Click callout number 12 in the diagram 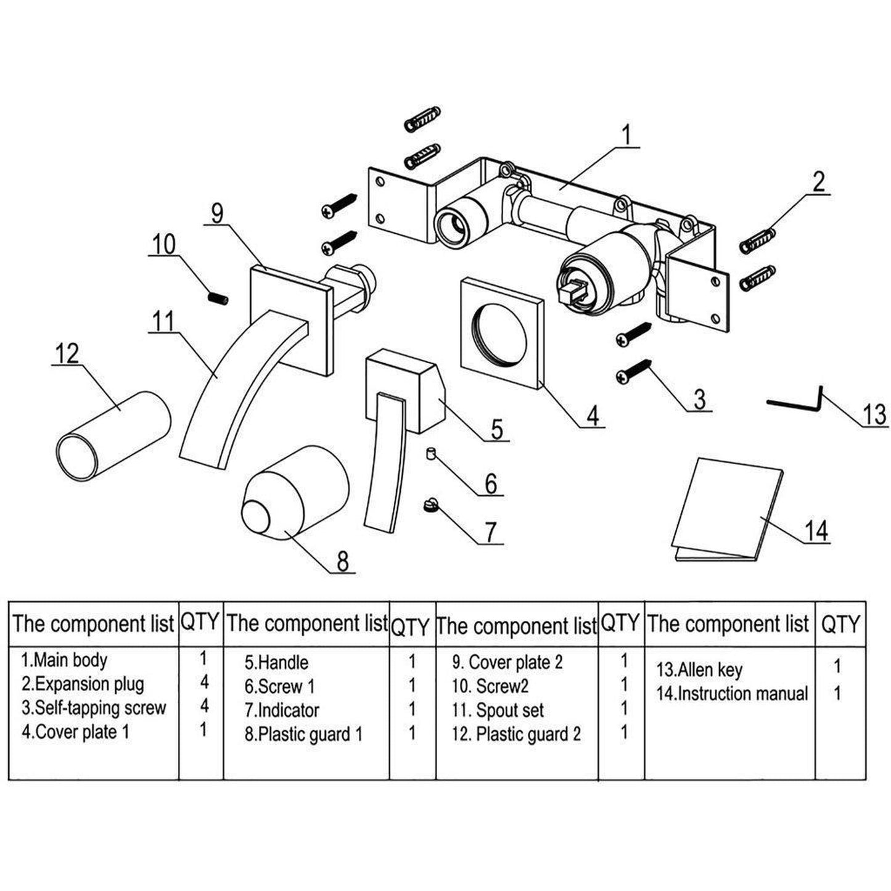(67, 354)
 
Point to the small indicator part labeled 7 (430, 506)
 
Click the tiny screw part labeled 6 (430, 455)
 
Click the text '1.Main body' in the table (64, 660)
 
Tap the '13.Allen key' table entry (699, 670)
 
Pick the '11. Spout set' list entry (498, 710)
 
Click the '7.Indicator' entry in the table (282, 710)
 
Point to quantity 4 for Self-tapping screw (204, 706)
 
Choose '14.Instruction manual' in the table (731, 694)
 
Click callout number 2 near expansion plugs (818, 182)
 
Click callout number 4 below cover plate (592, 415)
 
